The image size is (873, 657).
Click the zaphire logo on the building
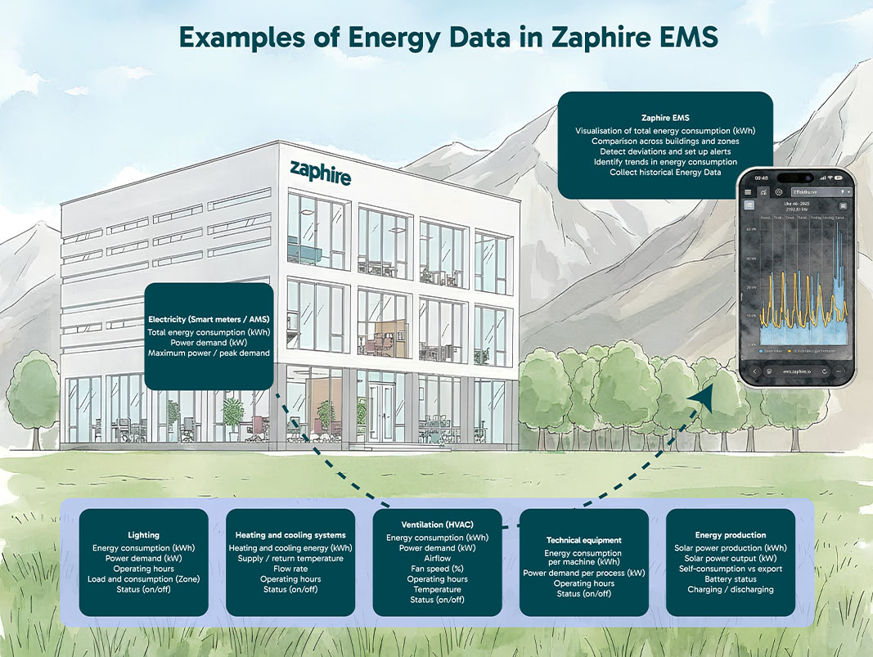(321, 173)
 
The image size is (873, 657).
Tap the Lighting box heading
(143, 535)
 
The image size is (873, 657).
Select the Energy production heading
(731, 535)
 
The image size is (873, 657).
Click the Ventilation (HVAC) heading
(437, 524)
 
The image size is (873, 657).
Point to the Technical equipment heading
(584, 540)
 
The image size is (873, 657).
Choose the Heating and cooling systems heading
(290, 535)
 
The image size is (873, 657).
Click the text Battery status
(731, 578)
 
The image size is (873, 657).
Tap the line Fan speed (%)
(437, 569)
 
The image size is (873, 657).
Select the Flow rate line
(290, 568)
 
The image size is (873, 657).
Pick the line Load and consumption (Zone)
(143, 578)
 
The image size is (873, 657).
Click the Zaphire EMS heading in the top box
(664, 118)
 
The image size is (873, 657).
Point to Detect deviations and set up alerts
(664, 151)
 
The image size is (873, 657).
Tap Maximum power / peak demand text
(209, 353)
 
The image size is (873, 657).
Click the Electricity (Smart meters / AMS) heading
(209, 318)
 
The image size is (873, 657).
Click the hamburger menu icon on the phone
(748, 192)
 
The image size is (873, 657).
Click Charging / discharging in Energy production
(731, 589)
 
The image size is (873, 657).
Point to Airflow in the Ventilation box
(437, 558)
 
